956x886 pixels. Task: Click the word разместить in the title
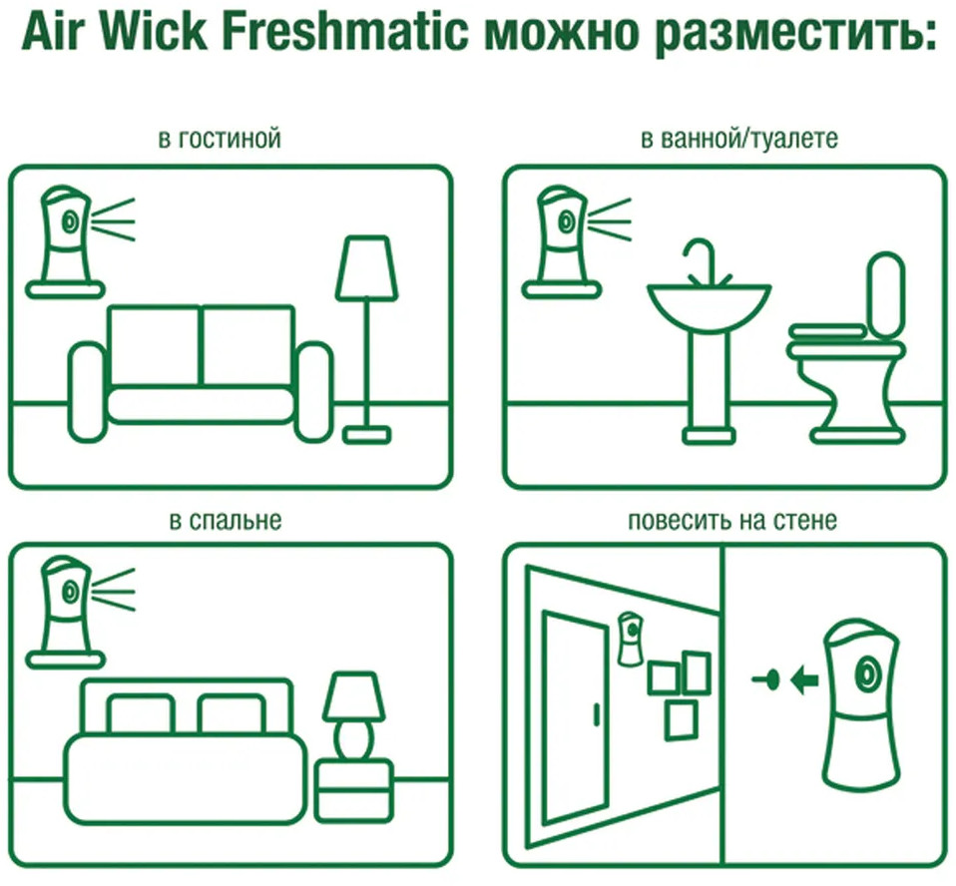coord(793,34)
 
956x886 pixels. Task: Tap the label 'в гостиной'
coord(220,139)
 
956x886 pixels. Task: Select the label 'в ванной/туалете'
coord(738,139)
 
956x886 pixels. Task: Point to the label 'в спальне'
coord(225,521)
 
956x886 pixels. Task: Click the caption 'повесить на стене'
coord(732,520)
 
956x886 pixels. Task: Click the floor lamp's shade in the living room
coord(366,268)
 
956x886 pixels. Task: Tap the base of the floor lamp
coord(366,435)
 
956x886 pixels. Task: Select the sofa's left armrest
coord(87,392)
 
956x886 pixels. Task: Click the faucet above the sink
coord(708,262)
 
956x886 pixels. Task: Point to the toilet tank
coord(887,294)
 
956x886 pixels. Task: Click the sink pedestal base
coord(710,436)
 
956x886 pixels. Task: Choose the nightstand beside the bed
coord(353,791)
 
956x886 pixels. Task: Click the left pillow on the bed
coord(140,713)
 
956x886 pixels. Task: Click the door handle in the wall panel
coord(596,714)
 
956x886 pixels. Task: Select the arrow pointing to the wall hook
coord(804,679)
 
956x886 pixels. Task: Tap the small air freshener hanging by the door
coord(631,639)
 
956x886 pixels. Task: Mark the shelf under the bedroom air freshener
coord(65,660)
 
